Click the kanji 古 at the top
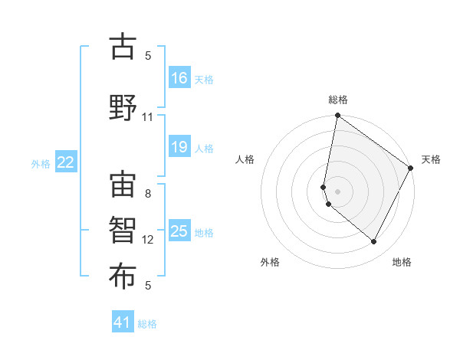pyautogui.click(x=123, y=47)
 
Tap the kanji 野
pyautogui.click(x=123, y=106)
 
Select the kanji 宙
pyautogui.click(x=123, y=184)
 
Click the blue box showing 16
pyautogui.click(x=179, y=77)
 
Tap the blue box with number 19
pyautogui.click(x=179, y=147)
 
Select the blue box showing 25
pyautogui.click(x=179, y=231)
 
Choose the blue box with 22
pyautogui.click(x=66, y=162)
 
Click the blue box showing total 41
pyautogui.click(x=123, y=322)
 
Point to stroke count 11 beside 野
pyautogui.click(x=148, y=117)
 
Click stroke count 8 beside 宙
pyautogui.click(x=148, y=194)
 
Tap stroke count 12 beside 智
pyautogui.click(x=148, y=240)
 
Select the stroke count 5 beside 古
pyautogui.click(x=148, y=56)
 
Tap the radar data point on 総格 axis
pyautogui.click(x=337, y=116)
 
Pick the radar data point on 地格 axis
pyautogui.click(x=373, y=241)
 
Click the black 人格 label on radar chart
pyautogui.click(x=245, y=159)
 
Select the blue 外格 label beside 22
pyautogui.click(x=40, y=163)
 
